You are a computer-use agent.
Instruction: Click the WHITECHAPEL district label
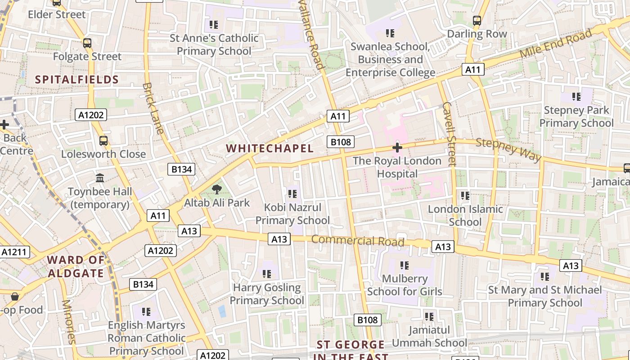(270, 148)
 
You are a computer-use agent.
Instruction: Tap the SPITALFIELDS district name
(77, 80)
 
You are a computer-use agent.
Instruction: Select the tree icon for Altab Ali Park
(217, 189)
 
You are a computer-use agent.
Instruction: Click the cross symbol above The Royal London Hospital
(397, 148)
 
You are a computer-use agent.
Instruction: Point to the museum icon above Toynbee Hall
(100, 178)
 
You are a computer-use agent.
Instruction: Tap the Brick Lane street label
(153, 108)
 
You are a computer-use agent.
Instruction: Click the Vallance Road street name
(312, 34)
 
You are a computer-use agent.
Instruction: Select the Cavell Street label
(449, 134)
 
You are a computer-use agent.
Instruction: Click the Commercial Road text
(358, 240)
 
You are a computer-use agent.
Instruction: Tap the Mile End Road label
(555, 43)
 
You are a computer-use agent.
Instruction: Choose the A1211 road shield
(15, 252)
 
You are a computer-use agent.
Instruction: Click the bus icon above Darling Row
(477, 21)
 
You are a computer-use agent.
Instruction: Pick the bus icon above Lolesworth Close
(103, 141)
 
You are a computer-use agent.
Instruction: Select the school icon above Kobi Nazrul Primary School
(292, 194)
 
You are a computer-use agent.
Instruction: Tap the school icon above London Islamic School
(465, 196)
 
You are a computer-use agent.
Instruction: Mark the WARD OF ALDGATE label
(76, 266)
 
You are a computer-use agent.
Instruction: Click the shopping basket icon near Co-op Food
(15, 297)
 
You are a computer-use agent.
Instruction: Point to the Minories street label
(68, 322)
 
